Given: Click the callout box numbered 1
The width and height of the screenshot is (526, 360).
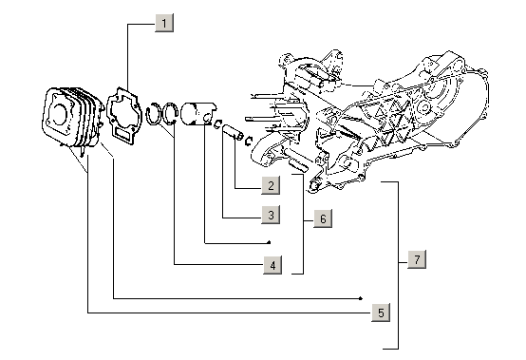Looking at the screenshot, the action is pos(164,23).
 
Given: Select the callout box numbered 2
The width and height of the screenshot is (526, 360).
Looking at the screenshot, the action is pos(271,185).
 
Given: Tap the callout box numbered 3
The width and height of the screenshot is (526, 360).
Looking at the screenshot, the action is pos(271,215).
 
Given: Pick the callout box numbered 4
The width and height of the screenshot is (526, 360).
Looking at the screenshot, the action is pos(272,265).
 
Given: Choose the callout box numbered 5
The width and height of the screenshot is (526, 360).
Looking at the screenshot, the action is pos(381,313).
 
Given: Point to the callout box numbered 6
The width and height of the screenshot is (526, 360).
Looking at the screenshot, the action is pos(323,218).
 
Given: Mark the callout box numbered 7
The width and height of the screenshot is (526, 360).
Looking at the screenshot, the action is pos(417,259).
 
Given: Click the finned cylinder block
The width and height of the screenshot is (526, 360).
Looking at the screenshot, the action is pos(72,117).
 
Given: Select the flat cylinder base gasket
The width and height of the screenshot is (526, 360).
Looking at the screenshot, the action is pos(122,115).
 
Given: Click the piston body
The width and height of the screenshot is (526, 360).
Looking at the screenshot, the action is pos(197,114).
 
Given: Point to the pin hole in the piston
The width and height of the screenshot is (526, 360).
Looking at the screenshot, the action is pos(208,119).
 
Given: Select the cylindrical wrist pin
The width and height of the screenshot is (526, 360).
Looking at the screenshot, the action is pos(233,132).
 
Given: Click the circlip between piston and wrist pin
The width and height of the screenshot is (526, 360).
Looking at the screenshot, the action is pos(218,123).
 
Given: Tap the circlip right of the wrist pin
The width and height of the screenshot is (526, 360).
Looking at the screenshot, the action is pos(248,142).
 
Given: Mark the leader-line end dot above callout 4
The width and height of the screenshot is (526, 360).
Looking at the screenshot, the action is pos(269,242).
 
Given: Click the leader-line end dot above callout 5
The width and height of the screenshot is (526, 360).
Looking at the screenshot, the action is pos(361,298).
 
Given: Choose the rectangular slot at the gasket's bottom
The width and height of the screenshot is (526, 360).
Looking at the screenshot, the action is pos(122,134).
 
